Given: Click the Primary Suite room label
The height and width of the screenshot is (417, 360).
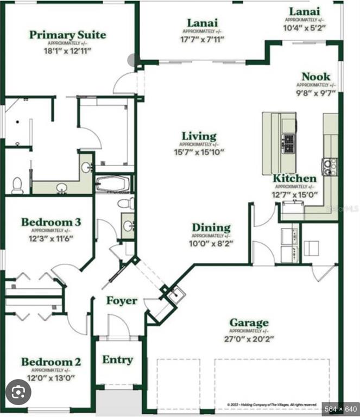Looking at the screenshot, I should [x=68, y=35].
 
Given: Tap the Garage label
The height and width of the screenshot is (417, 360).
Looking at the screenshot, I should [x=249, y=323].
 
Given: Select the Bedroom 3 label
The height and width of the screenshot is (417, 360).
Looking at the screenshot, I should [x=51, y=222].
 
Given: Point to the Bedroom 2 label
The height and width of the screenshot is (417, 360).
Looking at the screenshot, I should [x=51, y=362].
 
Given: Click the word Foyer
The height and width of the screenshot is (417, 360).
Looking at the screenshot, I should [x=121, y=301].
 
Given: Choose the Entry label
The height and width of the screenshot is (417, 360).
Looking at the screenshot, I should [x=118, y=359].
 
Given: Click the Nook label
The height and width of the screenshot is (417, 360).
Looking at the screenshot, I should [x=316, y=77].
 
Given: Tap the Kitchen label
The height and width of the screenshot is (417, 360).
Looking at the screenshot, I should [x=294, y=179].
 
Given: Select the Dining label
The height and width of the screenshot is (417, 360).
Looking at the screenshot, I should [x=211, y=228].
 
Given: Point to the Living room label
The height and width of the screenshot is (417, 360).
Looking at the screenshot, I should [x=199, y=136].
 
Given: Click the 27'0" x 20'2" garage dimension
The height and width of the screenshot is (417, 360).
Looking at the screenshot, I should [x=248, y=339].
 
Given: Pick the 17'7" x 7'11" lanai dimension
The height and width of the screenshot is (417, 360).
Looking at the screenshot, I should [x=203, y=39].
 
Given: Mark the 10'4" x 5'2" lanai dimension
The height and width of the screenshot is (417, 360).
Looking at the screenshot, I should [x=304, y=28].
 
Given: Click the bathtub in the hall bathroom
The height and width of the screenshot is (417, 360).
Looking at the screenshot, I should [x=113, y=185].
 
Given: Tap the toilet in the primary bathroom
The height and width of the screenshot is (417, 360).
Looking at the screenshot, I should [x=17, y=185].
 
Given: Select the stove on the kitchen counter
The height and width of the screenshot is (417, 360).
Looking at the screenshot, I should [x=329, y=166].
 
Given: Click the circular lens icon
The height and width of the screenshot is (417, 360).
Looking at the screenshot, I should [x=18, y=391].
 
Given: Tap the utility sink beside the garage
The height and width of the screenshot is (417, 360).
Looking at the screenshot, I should [x=176, y=296].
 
